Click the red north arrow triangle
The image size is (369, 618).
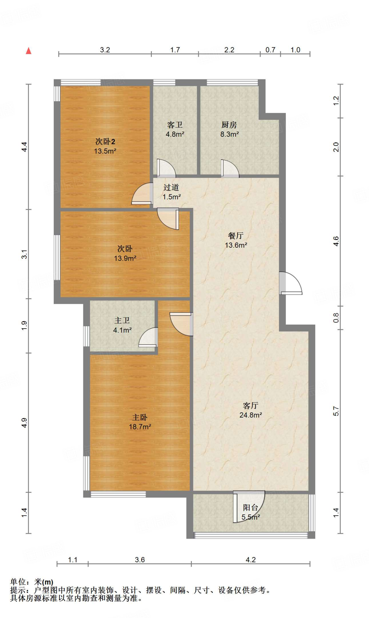[29, 51]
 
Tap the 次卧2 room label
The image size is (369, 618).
[105, 142]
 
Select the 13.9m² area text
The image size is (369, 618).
[125, 258]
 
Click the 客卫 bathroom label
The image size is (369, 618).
[175, 125]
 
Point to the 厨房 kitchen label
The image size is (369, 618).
[229, 125]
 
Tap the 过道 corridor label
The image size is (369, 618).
[171, 187]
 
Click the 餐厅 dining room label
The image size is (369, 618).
[236, 236]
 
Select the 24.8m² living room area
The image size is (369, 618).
[250, 415]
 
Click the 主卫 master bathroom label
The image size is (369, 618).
[122, 320]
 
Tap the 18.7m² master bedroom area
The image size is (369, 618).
[140, 427]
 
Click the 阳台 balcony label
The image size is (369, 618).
[250, 508]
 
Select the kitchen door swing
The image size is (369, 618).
[230, 168]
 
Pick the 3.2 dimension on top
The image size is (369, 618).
[105, 50]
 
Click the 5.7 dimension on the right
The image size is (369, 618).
[336, 411]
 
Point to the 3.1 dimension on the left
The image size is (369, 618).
[24, 254]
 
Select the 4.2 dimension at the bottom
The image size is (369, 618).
[250, 560]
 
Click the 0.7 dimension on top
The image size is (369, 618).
[270, 50]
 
